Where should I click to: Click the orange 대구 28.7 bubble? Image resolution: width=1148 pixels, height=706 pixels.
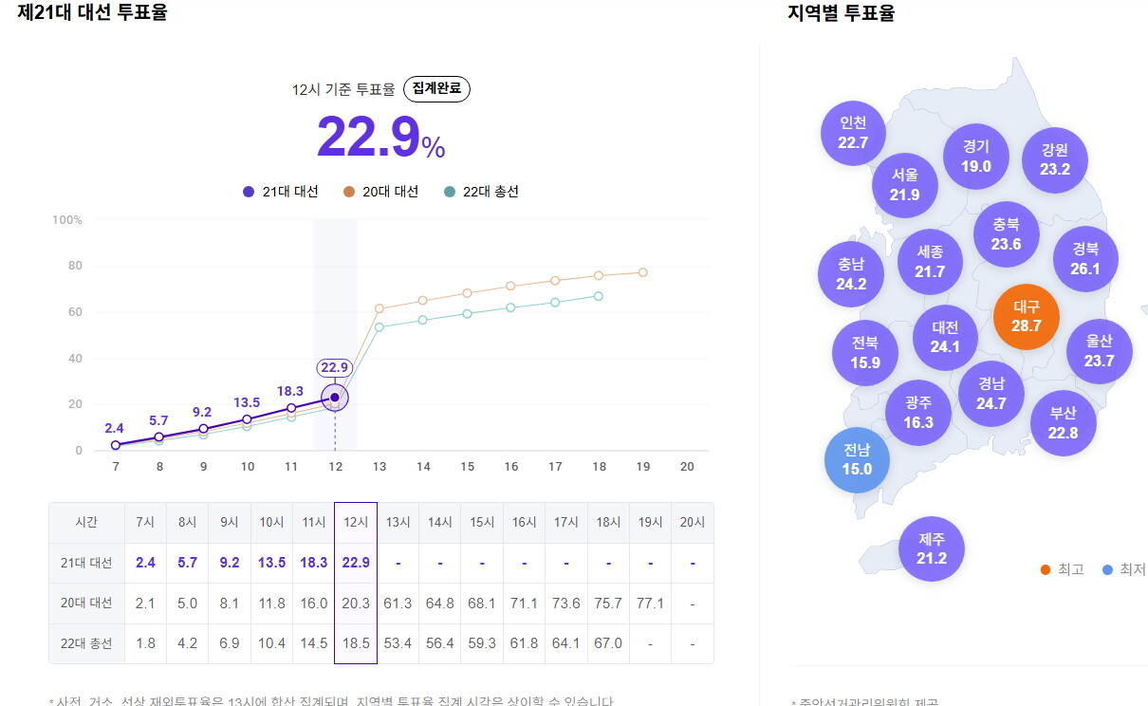pos(1026,317)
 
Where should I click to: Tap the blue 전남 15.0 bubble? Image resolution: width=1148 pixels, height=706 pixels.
pos(856,459)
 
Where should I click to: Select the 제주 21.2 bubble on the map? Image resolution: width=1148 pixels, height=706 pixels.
pos(931,548)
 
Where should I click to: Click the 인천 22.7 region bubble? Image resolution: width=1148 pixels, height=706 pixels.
pos(853,133)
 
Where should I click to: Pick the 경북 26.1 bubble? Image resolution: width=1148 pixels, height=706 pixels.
pos(1085,259)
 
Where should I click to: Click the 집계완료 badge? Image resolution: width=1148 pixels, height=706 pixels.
pos(436,89)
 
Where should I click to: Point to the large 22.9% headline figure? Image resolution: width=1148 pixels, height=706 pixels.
pos(380,138)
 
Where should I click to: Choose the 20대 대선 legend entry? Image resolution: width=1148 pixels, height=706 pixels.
pos(380,192)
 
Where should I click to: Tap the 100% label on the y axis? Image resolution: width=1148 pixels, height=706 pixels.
pos(66,220)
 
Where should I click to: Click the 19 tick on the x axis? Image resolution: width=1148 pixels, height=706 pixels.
pos(643,467)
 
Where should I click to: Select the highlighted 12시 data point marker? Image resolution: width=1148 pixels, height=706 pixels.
pos(334,398)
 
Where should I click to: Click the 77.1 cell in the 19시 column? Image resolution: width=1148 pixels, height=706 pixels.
pos(650,604)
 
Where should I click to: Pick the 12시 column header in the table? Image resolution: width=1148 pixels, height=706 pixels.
pos(356,522)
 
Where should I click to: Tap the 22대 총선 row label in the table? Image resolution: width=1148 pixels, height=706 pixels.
pos(86,643)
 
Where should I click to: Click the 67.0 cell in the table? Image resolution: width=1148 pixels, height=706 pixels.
pos(608,643)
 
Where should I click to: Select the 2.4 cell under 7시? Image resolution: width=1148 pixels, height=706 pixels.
pos(145,563)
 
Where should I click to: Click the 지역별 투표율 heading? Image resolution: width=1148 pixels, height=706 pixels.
pos(841,13)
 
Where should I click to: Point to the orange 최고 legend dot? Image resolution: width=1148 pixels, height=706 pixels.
pos(1045,569)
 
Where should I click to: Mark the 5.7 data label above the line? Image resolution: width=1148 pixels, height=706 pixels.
pos(158,420)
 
